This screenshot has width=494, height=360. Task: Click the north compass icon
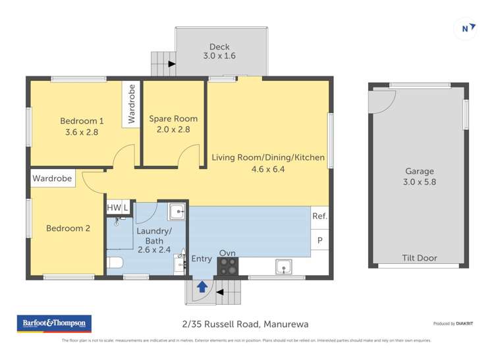[466, 28]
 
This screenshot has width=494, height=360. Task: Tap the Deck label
[219, 51]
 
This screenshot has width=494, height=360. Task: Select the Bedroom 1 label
[82, 126]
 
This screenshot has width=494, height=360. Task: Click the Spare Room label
[173, 124]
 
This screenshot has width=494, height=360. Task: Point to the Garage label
[419, 176]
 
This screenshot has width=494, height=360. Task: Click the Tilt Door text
[419, 258]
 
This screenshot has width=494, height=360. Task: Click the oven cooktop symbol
[228, 267]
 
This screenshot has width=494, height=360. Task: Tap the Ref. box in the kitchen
[319, 216]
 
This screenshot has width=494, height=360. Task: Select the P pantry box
[320, 240]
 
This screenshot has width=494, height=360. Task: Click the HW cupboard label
[113, 207]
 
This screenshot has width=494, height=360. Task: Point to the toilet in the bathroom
[115, 265]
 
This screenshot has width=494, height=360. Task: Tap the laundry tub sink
[177, 211]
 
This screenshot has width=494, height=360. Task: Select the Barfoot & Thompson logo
[54, 323]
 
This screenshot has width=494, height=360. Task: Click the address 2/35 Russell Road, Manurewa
[245, 324]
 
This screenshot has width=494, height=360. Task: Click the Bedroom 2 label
[67, 228]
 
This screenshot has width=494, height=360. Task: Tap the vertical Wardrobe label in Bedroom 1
[131, 104]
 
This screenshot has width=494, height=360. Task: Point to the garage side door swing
[382, 101]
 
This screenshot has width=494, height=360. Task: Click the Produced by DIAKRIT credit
[462, 324]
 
